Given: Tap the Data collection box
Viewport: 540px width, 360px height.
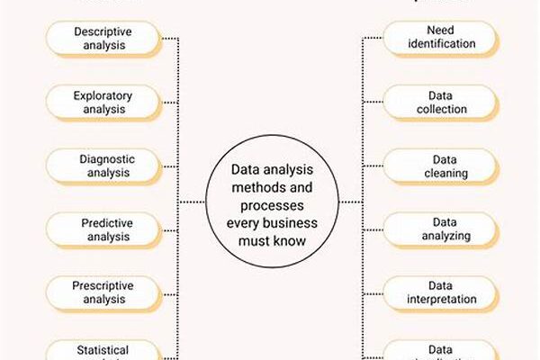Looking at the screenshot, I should coord(441,103).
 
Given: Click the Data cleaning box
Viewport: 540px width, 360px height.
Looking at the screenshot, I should coord(441,166).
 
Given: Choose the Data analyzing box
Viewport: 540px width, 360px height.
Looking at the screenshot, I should coord(441,229).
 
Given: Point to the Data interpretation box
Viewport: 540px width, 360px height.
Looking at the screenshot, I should coord(441,292).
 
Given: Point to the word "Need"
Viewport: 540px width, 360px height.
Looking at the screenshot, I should coord(441,31).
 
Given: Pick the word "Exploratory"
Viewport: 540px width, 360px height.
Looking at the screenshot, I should coord(102,94).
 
